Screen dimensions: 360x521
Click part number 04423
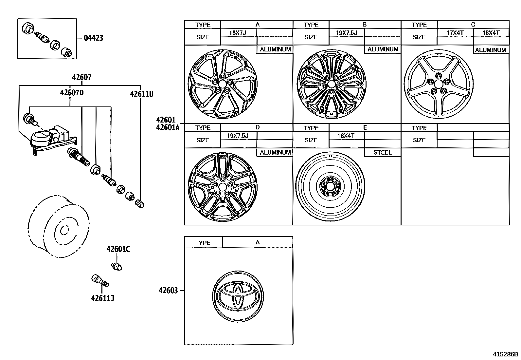tap(93, 38)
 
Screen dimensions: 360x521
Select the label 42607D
tap(72, 93)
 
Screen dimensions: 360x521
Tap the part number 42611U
tap(141, 94)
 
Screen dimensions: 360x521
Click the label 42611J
tap(103, 298)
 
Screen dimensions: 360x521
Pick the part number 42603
tap(168, 291)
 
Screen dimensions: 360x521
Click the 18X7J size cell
tap(238, 33)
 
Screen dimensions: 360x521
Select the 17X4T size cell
tap(455, 33)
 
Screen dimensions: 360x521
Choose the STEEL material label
tap(382, 152)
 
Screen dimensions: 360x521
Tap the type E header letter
tap(365, 128)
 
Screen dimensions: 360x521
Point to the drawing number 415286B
tap(506, 354)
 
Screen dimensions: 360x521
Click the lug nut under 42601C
tap(117, 266)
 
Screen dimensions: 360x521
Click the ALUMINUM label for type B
tap(383, 49)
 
